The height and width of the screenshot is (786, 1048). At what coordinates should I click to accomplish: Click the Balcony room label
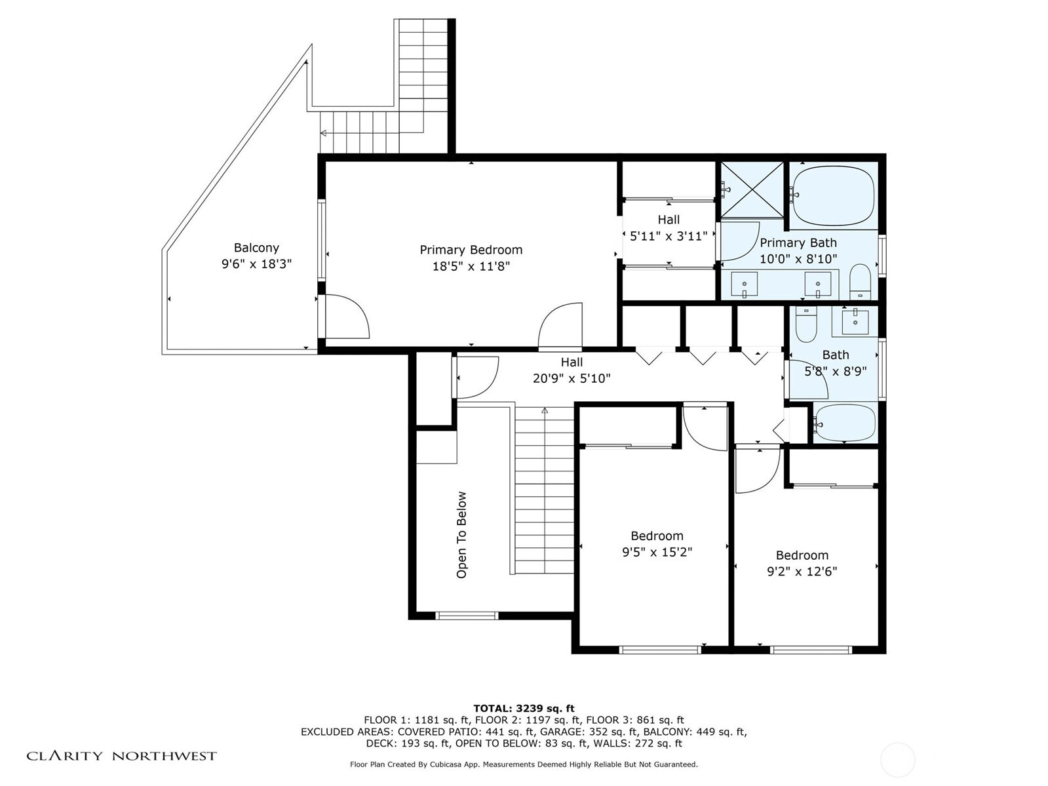pos(256,248)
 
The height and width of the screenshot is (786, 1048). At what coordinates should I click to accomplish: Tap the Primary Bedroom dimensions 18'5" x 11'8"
pos(471,266)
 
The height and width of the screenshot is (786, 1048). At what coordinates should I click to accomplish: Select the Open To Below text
pos(461,535)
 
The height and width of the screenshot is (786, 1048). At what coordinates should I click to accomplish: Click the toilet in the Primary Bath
pos(861,281)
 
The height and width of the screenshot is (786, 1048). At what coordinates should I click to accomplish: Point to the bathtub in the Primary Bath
pos(832,195)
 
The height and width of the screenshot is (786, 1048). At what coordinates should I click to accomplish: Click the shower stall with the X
pos(752,189)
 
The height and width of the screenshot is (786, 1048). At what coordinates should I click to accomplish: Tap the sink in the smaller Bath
pos(855,321)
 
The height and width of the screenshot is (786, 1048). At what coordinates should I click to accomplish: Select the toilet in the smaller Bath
pos(806,324)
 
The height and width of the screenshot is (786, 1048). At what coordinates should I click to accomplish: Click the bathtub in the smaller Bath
pos(845,423)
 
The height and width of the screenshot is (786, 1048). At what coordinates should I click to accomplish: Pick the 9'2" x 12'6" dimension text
pos(802,571)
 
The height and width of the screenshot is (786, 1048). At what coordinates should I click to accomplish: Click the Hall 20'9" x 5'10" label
pos(572,370)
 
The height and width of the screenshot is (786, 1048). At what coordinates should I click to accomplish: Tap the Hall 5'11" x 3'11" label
pos(669,227)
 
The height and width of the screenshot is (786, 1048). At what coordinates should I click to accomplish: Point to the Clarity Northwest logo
pos(121,756)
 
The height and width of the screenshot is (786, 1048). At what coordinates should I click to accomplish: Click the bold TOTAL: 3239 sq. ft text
pos(524,708)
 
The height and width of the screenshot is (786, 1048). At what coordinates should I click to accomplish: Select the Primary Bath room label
pos(798,243)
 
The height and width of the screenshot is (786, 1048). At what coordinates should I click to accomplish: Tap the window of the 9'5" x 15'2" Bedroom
pos(660,650)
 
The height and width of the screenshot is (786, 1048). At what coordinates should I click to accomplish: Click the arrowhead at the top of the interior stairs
pos(544,410)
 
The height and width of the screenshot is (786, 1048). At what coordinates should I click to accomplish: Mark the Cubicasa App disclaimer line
pos(524,764)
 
